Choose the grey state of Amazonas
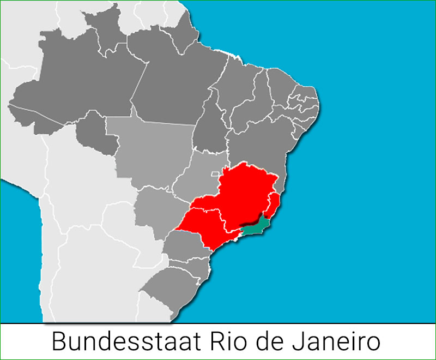(x=71, y=93)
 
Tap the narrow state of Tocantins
(x=210, y=125)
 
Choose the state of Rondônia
(x=95, y=134)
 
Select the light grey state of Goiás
(x=196, y=175)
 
